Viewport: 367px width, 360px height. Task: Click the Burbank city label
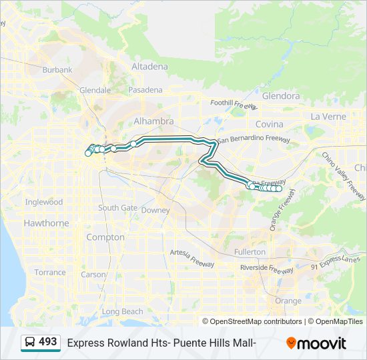[57, 69]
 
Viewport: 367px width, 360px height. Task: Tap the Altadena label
[150, 67]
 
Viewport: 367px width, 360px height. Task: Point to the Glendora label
[281, 96]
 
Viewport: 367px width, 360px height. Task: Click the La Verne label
[328, 116]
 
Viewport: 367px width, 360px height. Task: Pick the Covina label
[270, 124]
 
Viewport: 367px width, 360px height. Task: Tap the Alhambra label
[153, 121]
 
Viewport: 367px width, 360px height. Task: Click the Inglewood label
[44, 202]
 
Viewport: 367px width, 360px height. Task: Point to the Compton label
[101, 237]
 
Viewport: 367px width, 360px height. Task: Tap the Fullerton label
[250, 252]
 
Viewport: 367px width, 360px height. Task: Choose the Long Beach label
[122, 311]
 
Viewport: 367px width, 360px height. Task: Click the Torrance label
[50, 272]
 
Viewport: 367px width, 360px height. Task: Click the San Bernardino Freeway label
[254, 139]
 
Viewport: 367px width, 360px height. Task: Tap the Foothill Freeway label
[233, 104]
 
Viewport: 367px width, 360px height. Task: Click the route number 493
[48, 342]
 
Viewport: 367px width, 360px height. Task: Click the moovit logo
[316, 343]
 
